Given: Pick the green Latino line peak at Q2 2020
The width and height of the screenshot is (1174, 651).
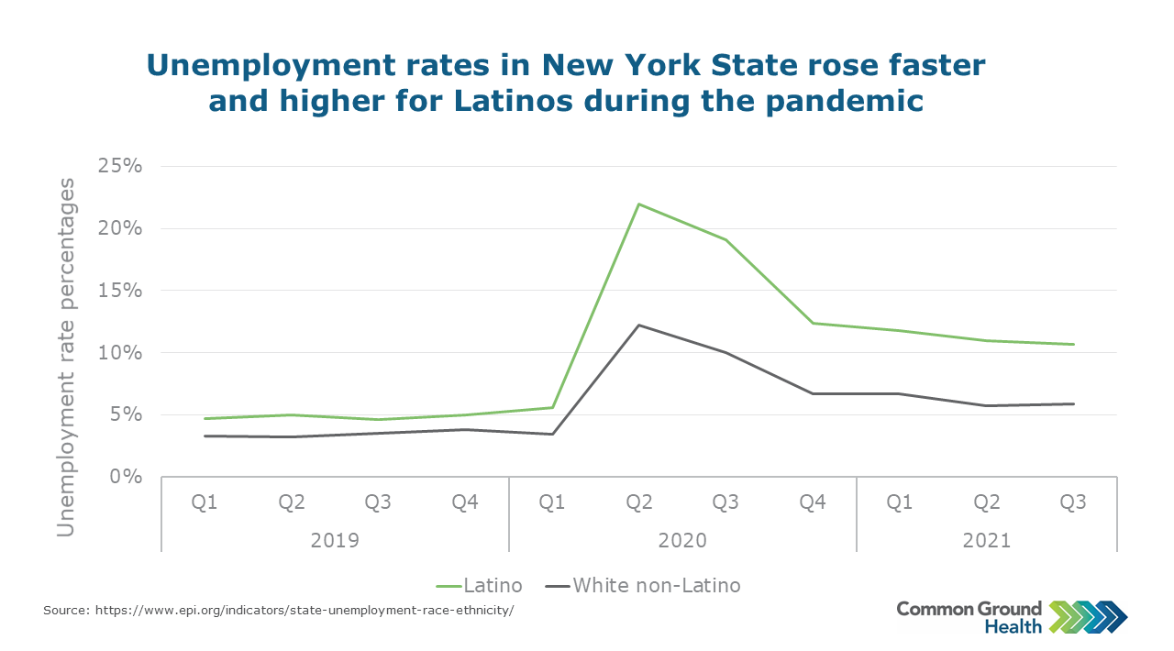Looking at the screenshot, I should tap(639, 204).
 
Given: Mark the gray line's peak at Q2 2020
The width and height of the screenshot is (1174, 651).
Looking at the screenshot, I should tap(639, 325).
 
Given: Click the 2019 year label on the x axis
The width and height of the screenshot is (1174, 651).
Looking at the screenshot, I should tap(335, 540).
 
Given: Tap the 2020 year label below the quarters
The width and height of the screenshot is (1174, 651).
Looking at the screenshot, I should tap(682, 540).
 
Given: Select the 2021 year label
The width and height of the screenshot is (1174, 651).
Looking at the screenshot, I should tap(986, 540).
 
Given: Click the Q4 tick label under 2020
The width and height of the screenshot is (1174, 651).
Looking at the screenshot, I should tap(813, 502).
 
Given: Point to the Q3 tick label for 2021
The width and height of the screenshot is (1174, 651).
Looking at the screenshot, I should tap(1073, 502).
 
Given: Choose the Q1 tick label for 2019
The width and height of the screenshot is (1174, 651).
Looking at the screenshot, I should tap(205, 502).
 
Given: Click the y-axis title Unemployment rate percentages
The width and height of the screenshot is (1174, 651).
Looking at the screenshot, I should tap(66, 358).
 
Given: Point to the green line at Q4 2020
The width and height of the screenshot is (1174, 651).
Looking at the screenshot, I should tap(813, 323).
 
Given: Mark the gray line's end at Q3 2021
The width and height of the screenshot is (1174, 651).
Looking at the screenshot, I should tap(1073, 403).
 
